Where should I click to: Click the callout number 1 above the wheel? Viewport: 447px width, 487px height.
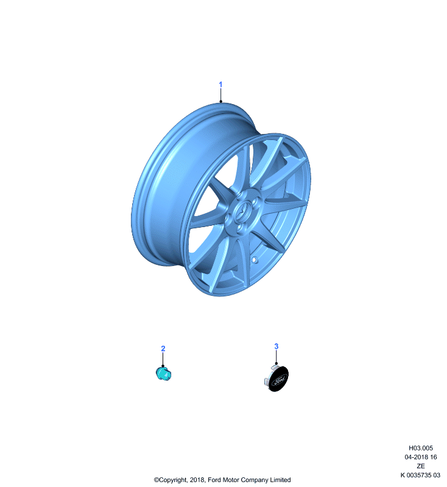[x=220, y=85]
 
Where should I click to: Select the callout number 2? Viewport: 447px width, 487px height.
[x=163, y=348]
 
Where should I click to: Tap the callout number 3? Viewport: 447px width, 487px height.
[x=276, y=346]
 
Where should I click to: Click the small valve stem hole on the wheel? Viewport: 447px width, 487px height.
[x=255, y=259]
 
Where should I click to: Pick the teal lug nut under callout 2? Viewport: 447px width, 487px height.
[x=163, y=373]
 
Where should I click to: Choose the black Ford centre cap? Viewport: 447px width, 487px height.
[x=277, y=378]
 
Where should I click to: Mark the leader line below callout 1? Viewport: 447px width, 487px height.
[x=220, y=95]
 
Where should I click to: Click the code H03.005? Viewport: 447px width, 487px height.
[x=421, y=448]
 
